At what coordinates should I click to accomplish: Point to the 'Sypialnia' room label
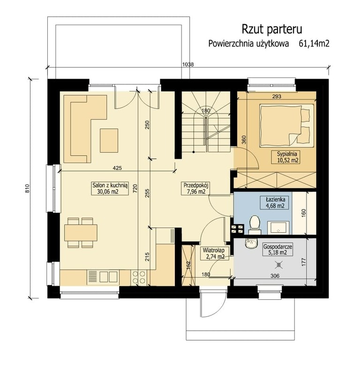[x=288, y=156]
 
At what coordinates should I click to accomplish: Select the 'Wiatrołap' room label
[x=212, y=253]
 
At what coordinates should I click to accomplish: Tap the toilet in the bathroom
[x=255, y=223]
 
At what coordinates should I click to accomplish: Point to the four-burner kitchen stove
[x=138, y=277]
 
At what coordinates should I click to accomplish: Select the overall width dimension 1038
[x=188, y=65]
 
